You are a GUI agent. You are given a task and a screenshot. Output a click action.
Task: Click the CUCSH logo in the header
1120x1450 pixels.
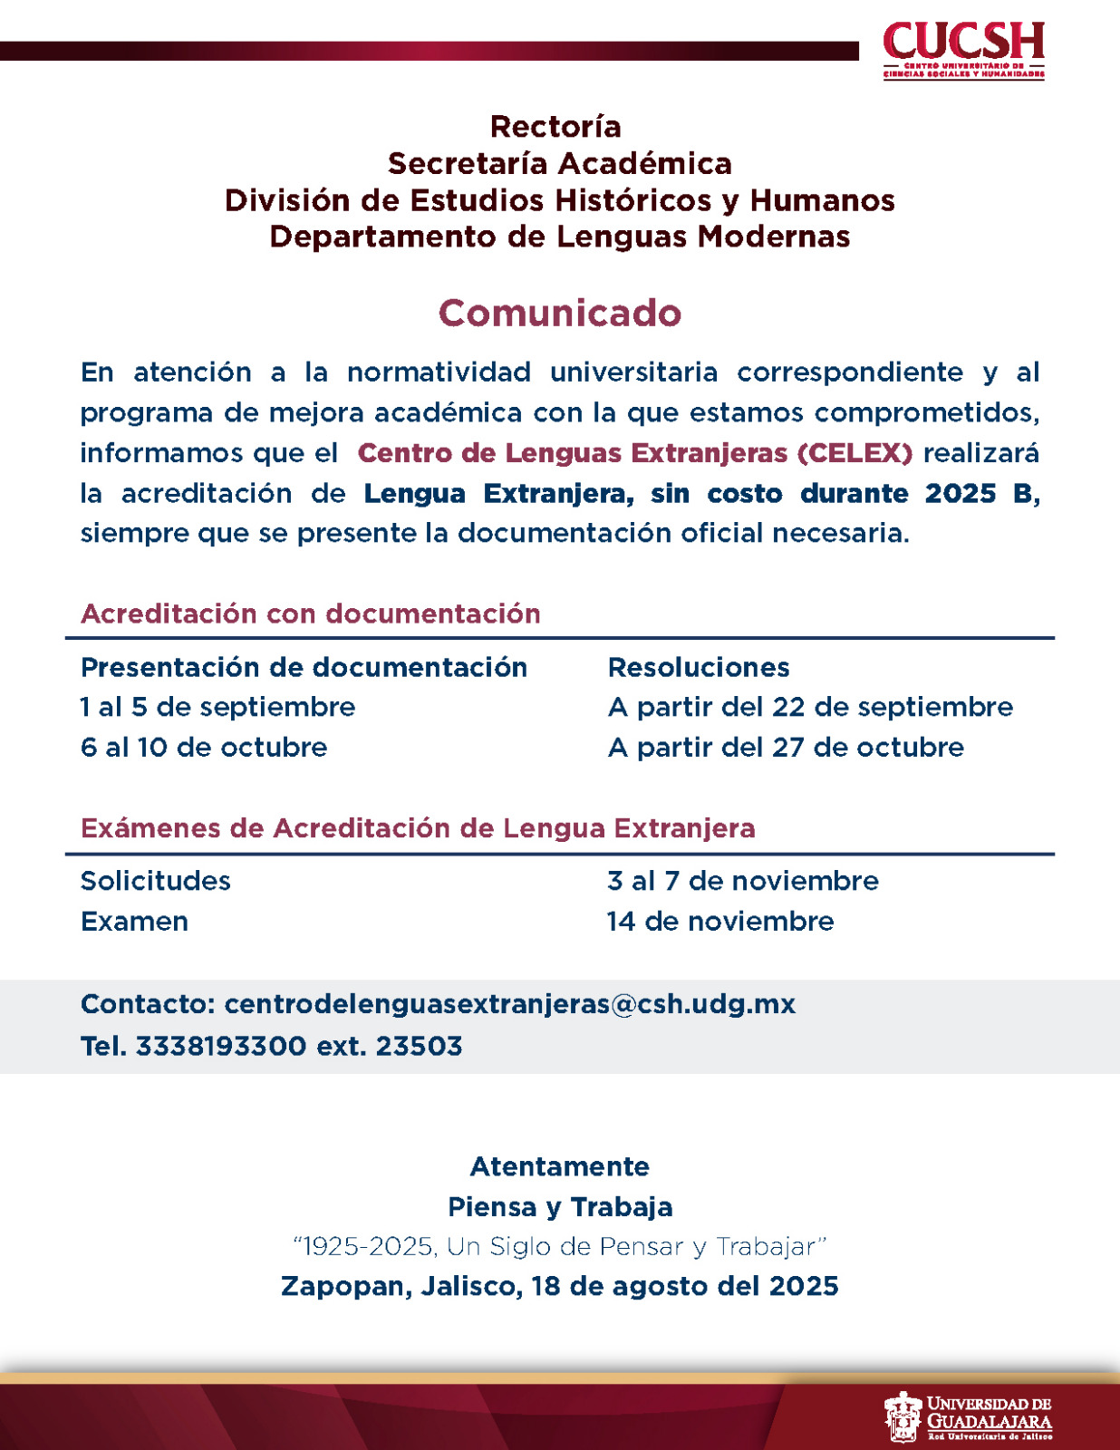point(963,50)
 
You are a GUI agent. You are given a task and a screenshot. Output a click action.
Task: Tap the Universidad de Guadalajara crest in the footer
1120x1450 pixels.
point(902,1416)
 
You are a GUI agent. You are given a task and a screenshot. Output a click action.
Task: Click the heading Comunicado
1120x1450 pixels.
point(559,313)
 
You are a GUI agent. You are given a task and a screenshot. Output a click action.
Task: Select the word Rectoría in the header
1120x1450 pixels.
point(555,126)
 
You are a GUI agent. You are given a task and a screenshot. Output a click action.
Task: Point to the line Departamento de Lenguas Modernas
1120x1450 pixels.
point(559,237)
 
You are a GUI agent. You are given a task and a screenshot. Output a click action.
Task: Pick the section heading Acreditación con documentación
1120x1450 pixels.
point(311,614)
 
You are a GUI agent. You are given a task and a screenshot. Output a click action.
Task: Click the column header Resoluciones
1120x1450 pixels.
point(699,667)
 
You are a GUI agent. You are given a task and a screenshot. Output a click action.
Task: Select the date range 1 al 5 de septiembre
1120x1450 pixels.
point(217,707)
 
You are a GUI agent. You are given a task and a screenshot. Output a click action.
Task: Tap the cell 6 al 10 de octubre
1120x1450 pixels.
point(204,748)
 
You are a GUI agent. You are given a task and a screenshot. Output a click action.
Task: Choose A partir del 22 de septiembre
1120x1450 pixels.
point(810,707)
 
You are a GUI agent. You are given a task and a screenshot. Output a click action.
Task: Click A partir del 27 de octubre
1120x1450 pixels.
point(786,748)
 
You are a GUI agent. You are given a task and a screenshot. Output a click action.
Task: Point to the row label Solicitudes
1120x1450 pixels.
point(156,881)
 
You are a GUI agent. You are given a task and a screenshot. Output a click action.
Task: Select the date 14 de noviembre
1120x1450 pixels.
point(720,922)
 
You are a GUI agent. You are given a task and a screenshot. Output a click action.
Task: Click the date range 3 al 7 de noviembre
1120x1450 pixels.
point(743,881)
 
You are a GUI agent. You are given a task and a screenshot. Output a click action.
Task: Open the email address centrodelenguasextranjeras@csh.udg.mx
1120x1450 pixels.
point(509,1004)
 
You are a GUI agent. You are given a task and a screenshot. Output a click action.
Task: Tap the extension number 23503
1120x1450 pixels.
point(419,1046)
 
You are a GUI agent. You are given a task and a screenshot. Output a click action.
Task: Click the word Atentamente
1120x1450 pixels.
point(559,1166)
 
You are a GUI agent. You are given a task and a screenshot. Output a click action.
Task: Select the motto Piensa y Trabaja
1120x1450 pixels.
point(559,1207)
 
